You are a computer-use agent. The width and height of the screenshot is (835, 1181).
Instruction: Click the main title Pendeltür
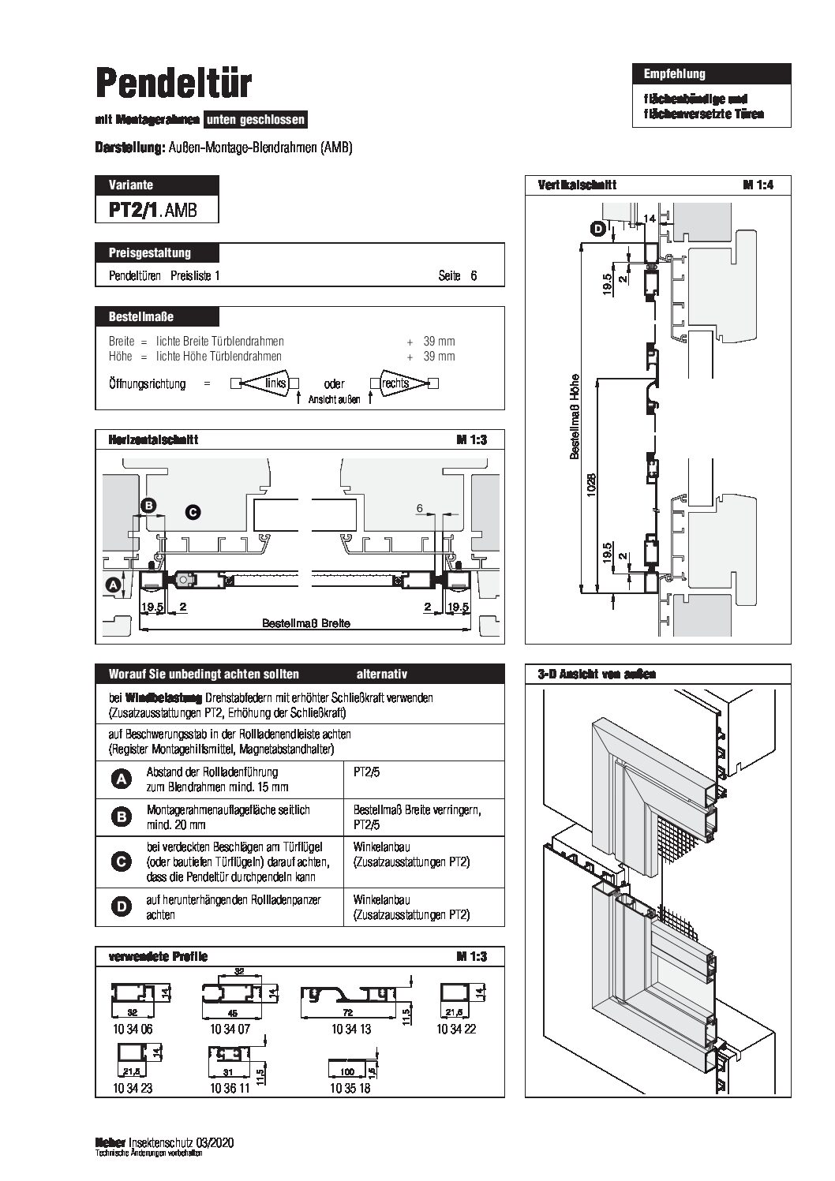tap(174, 82)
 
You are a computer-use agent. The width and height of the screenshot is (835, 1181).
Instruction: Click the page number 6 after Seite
tap(474, 276)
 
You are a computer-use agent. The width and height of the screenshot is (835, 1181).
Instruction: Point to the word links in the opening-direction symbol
tap(275, 383)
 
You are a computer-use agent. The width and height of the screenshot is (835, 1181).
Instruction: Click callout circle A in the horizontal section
tap(113, 585)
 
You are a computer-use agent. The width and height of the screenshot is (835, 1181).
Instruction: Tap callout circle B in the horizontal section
tap(148, 506)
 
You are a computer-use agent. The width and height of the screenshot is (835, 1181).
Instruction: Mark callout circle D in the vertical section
tap(598, 230)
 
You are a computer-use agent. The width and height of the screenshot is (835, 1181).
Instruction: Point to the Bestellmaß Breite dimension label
tap(305, 622)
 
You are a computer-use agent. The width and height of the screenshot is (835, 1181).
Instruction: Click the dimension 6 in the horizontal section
tap(420, 510)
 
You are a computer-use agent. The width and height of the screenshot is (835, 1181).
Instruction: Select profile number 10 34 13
tap(351, 1030)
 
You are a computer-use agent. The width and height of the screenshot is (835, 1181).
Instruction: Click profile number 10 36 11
tap(230, 1089)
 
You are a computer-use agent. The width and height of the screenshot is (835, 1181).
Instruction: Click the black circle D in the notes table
tap(122, 907)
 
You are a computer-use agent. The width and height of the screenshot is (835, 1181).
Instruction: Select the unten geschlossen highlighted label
tap(255, 121)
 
